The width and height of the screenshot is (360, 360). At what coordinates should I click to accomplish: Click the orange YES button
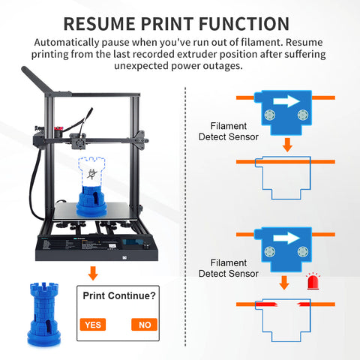click(93, 325)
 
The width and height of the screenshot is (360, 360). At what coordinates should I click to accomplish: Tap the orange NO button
click(144, 325)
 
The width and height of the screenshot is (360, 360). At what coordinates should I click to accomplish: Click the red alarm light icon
click(313, 281)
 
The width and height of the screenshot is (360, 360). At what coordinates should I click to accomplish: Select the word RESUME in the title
click(100, 24)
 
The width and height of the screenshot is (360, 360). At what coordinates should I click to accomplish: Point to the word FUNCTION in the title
click(244, 24)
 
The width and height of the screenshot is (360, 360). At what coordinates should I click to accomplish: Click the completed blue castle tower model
click(44, 314)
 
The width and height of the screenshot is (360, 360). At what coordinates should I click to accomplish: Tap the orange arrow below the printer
click(93, 273)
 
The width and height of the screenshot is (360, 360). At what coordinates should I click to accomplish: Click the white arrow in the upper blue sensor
click(286, 101)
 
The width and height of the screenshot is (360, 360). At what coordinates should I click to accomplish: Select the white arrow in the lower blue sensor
click(286, 238)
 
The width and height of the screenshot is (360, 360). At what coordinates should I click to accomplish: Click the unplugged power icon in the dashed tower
click(91, 173)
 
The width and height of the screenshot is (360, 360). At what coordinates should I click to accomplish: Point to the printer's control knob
click(145, 246)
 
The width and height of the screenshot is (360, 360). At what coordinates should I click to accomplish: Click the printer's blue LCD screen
click(132, 242)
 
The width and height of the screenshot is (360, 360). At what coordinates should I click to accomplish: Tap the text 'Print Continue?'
click(119, 295)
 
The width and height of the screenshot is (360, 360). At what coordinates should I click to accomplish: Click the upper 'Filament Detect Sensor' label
click(229, 131)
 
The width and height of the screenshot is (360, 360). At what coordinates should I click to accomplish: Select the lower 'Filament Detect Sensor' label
click(229, 268)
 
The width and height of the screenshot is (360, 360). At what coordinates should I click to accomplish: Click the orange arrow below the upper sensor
click(287, 145)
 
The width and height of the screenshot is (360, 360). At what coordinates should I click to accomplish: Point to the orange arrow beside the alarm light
click(284, 283)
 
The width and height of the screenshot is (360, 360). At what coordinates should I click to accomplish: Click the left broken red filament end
click(266, 304)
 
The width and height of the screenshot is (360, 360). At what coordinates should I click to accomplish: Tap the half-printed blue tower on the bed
click(91, 201)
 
